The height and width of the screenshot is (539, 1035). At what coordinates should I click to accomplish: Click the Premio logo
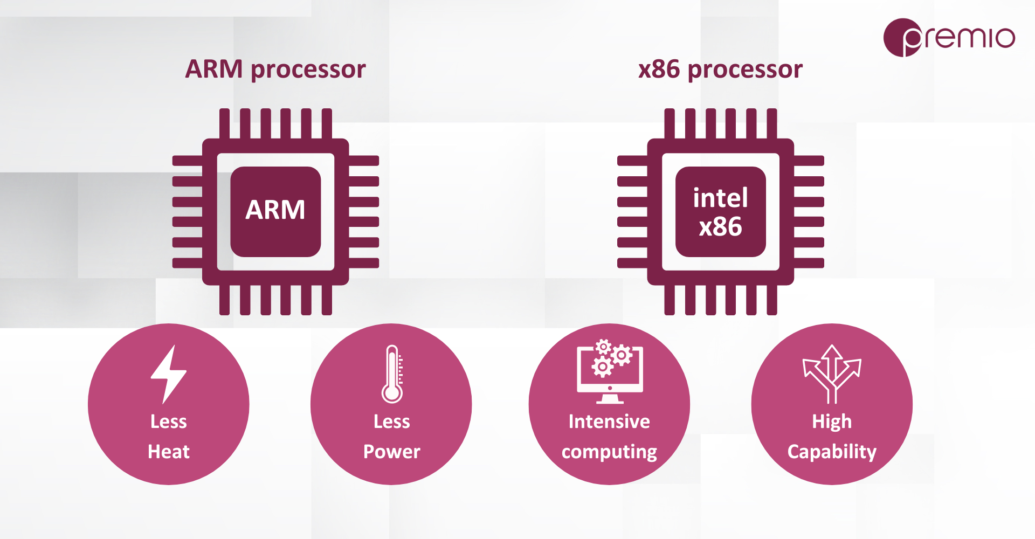click(x=949, y=38)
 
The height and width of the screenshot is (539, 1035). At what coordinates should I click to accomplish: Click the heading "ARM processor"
click(x=275, y=70)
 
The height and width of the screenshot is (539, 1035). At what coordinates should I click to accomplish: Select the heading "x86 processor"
click(x=720, y=70)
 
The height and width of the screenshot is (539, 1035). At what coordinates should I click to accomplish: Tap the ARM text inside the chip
click(x=275, y=210)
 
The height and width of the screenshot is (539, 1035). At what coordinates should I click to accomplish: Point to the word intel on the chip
click(x=721, y=198)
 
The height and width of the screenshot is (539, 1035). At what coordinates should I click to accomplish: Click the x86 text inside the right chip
click(x=721, y=227)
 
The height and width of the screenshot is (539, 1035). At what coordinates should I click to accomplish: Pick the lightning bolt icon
click(x=168, y=375)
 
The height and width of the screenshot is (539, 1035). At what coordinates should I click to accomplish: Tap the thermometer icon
click(x=392, y=374)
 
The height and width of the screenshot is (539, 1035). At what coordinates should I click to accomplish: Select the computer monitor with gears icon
click(x=610, y=371)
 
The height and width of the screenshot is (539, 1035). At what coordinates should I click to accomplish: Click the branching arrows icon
click(x=832, y=374)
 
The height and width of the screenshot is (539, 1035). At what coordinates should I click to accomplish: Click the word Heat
click(x=169, y=452)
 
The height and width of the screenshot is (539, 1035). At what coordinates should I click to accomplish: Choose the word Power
click(x=392, y=452)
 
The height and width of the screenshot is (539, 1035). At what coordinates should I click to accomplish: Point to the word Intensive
click(x=609, y=421)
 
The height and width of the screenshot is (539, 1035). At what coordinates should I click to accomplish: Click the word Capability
click(x=832, y=452)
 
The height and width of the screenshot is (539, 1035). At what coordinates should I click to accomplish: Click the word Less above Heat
click(x=169, y=421)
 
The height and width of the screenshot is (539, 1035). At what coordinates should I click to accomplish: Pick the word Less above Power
click(x=392, y=421)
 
